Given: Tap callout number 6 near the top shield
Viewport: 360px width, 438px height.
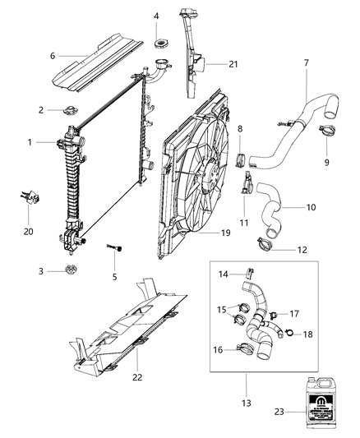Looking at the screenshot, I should (52, 56).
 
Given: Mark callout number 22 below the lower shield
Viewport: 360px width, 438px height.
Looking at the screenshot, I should (136, 377).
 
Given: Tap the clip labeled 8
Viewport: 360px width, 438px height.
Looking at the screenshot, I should (242, 155).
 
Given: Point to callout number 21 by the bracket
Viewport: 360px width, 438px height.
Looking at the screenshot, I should (210, 64).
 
